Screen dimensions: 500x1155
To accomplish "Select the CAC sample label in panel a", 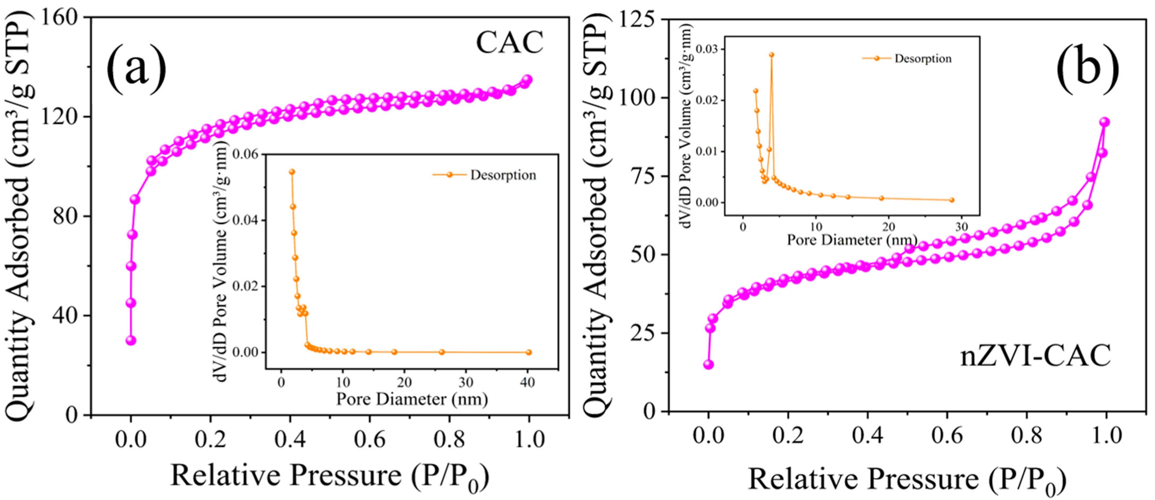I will click(509, 43).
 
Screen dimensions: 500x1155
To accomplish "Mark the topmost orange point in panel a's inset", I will click(292, 172).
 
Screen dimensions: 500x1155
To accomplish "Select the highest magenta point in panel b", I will click(1104, 122).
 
